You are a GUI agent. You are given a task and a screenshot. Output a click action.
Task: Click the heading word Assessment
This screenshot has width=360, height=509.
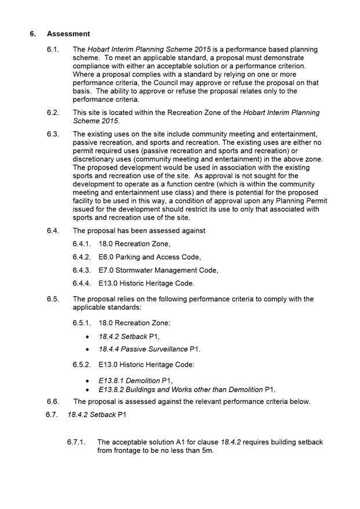tap(68, 34)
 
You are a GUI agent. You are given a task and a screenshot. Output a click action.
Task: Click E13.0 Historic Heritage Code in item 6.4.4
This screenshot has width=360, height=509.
tap(146, 283)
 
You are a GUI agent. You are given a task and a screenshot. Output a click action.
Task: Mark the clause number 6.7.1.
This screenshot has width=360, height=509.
tap(77, 442)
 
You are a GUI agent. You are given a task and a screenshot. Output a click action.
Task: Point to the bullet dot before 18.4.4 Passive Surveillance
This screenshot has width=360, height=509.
tap(87, 350)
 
